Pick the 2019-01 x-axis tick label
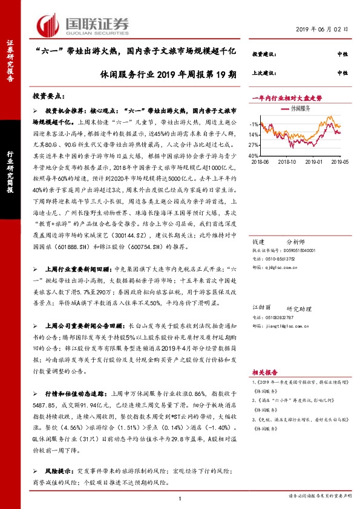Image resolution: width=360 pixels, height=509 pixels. [x=315, y=162]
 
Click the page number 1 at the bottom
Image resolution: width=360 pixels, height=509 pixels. [x=180, y=498]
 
